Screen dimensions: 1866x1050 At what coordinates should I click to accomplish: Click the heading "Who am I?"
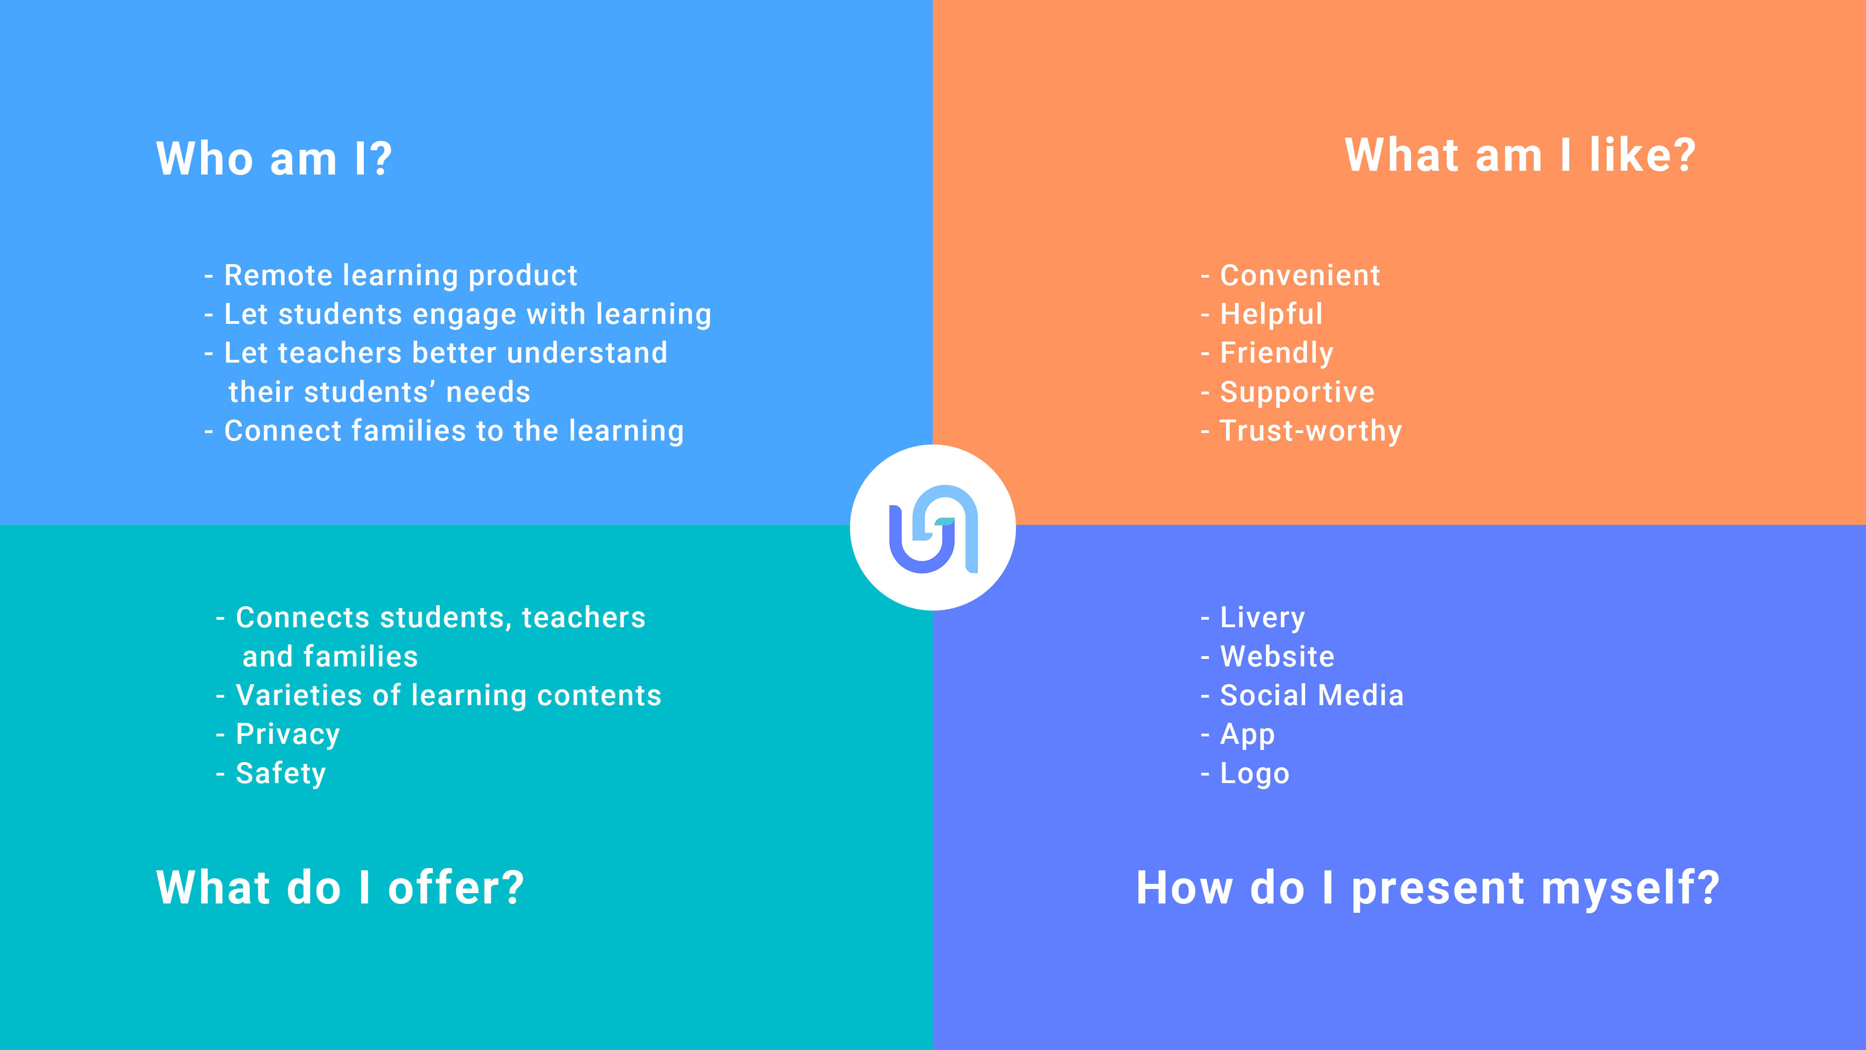click(274, 158)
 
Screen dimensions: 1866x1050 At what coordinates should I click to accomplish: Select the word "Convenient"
click(1300, 275)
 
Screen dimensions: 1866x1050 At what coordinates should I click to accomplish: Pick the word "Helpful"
click(1271, 315)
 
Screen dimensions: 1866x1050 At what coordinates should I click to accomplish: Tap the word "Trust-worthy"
click(1311, 431)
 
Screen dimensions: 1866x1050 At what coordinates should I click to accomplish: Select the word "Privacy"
click(287, 735)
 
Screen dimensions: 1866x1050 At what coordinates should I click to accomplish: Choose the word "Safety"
click(281, 774)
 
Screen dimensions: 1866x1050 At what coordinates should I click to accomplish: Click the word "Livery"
click(1263, 618)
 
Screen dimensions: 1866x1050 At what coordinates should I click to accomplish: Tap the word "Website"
click(1277, 657)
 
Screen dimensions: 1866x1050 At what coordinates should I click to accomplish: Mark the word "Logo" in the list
click(1254, 774)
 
